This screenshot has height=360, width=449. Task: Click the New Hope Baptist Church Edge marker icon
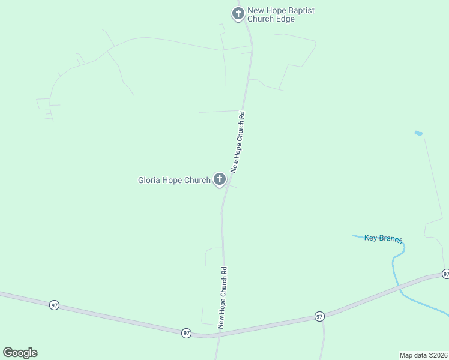[x=238, y=13]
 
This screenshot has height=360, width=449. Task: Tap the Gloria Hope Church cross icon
[x=220, y=179]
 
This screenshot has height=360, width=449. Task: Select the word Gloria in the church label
[x=149, y=180]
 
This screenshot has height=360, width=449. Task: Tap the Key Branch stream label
[x=382, y=238]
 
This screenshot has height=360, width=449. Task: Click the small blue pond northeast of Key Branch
[x=418, y=133]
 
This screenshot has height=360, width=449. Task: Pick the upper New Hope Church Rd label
[x=238, y=142]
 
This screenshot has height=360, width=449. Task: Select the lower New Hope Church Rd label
[x=222, y=298]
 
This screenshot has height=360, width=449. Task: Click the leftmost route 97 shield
[x=55, y=305]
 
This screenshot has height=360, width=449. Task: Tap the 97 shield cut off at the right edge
[x=445, y=274]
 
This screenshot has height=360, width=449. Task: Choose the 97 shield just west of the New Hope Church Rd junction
[x=186, y=332]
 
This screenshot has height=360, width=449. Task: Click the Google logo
[x=20, y=353]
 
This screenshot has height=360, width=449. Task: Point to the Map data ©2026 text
[x=424, y=355]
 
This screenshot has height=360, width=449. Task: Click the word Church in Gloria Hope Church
[x=197, y=180]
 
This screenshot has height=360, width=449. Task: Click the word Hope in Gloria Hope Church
[x=172, y=180]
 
